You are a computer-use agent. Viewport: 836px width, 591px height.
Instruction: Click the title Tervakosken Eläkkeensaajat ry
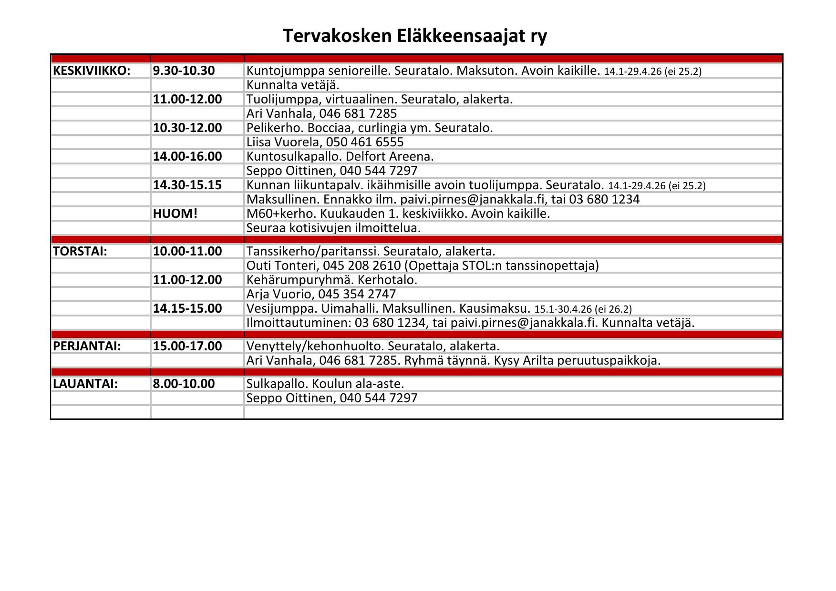tap(415, 36)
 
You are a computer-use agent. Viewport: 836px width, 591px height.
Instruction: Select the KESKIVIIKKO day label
tap(92, 71)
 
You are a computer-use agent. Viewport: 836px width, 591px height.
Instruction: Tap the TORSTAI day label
tap(80, 251)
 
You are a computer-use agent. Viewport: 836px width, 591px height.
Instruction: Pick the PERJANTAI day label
tap(87, 346)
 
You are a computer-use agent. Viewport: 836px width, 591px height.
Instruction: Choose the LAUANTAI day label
tap(85, 384)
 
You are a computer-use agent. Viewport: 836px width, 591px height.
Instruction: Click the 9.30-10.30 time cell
tap(184, 71)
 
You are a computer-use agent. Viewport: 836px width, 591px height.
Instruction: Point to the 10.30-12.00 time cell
tap(187, 128)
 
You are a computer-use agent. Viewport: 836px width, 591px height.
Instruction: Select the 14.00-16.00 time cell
tap(187, 156)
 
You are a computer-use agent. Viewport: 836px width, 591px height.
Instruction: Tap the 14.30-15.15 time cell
tap(187, 185)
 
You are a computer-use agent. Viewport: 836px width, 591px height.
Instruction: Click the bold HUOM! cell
tap(175, 214)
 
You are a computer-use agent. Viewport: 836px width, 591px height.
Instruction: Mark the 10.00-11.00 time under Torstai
tap(187, 251)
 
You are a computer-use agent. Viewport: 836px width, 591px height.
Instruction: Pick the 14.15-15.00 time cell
tap(187, 308)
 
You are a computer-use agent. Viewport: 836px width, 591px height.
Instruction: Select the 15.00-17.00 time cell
tap(187, 346)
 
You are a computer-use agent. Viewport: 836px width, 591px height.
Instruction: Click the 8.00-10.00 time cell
tap(184, 384)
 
